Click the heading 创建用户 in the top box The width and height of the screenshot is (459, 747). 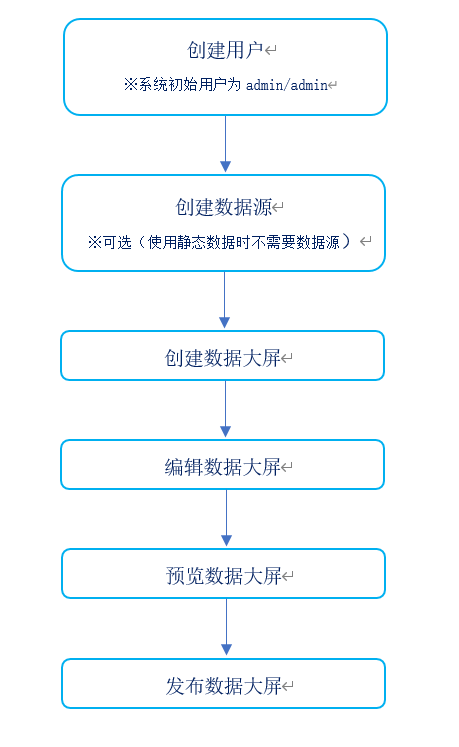tap(225, 50)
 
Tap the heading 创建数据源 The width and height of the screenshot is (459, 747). tap(224, 207)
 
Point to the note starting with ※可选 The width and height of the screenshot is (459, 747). tap(219, 242)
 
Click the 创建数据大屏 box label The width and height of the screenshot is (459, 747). tap(223, 358)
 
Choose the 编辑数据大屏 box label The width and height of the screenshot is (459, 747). tap(223, 467)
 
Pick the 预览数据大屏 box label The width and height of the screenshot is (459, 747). tap(224, 576)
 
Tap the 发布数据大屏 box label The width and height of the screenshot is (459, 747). tap(224, 686)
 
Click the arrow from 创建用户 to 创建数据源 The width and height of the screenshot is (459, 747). tap(225, 143)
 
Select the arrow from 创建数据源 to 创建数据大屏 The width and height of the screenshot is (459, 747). tap(224, 300)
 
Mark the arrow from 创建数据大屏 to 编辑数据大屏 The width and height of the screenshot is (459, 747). tap(225, 409)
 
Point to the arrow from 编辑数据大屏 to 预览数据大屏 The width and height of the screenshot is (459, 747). tap(226, 518)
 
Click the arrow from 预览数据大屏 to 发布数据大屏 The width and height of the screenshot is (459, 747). tap(226, 627)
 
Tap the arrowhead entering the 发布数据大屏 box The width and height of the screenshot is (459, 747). tap(226, 650)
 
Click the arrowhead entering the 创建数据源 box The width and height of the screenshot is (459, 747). tap(225, 166)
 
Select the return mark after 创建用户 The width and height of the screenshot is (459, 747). tap(271, 50)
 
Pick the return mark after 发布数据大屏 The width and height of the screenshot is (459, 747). tap(287, 686)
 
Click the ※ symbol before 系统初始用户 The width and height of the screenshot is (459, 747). tap(131, 85)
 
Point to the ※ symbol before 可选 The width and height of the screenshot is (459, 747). tap(94, 242)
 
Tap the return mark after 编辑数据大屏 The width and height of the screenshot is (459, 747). tap(286, 467)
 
